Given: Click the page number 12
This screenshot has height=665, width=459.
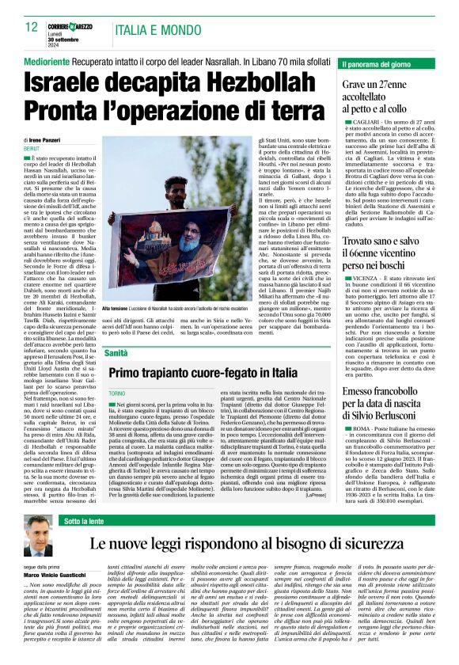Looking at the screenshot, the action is [x=32, y=26].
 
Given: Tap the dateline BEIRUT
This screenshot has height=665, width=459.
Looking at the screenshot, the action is [x=32, y=148].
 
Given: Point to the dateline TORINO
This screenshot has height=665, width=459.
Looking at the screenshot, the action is [x=116, y=393].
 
